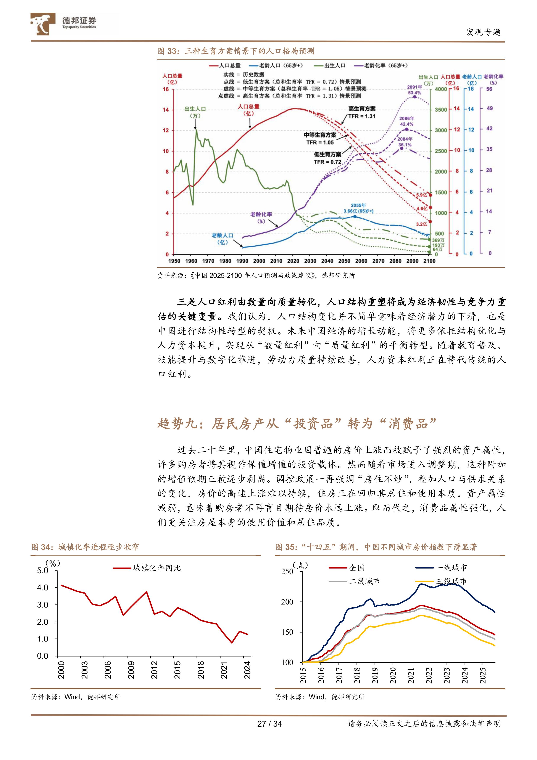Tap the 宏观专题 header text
(483, 32)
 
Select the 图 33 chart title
(236, 51)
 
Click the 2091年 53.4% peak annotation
(414, 90)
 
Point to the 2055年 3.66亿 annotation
(358, 208)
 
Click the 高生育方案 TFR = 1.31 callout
(362, 112)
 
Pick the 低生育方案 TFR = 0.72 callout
(327, 158)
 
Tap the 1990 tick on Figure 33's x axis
(242, 261)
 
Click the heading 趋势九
(297, 423)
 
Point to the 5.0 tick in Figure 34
(43, 571)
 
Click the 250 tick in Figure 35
(287, 572)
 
